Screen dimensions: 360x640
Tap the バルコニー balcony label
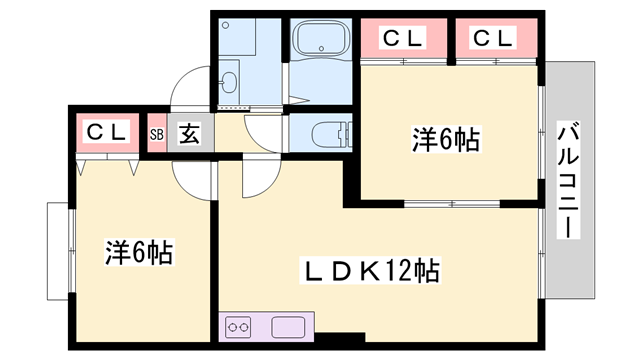tap(567, 180)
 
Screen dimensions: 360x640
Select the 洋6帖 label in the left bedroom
tap(140, 252)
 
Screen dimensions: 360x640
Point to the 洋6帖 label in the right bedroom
tap(446, 140)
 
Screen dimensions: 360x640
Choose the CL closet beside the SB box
tap(106, 131)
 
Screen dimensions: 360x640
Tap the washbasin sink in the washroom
tap(229, 78)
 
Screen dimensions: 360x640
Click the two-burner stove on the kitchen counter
tap(241, 326)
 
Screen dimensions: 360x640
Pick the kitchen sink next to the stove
tap(290, 326)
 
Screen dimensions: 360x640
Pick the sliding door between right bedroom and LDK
tap(450, 204)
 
